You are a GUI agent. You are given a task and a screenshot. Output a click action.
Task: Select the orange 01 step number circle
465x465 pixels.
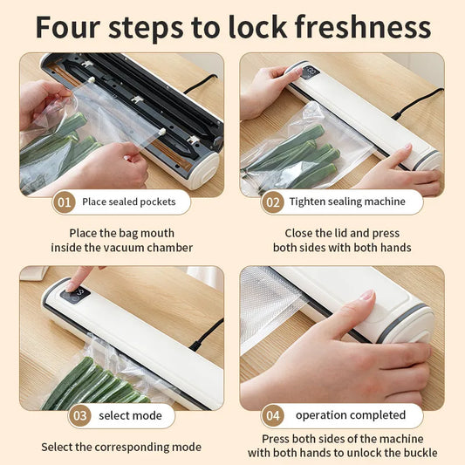[x=65, y=202]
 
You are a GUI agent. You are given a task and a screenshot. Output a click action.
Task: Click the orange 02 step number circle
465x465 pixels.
[x=272, y=202]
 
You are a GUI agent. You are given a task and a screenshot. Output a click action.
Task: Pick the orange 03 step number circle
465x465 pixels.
[x=80, y=415]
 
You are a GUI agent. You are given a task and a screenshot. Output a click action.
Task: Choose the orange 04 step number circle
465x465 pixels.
[x=272, y=415]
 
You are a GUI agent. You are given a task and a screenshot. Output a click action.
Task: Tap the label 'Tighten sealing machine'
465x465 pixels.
[x=346, y=202]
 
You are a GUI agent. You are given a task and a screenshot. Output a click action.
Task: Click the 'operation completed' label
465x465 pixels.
[x=350, y=415]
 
